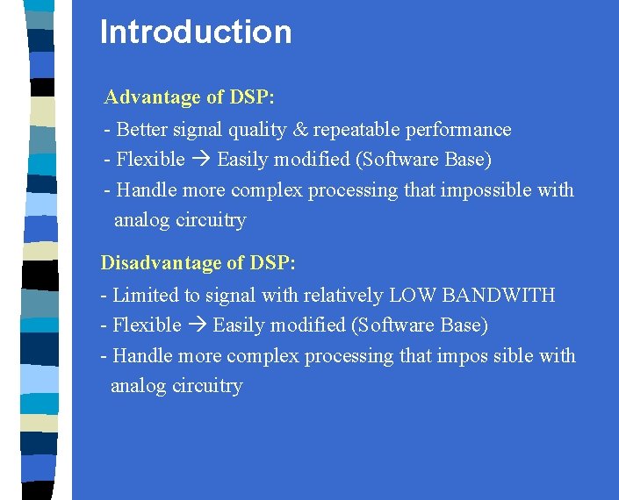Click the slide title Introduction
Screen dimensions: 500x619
pyautogui.click(x=196, y=32)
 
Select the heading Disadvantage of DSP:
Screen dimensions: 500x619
pyautogui.click(x=198, y=262)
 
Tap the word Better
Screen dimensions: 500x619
pyautogui.click(x=141, y=130)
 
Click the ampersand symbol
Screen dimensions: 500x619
pyautogui.click(x=300, y=130)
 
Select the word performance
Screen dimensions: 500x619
pyautogui.click(x=457, y=130)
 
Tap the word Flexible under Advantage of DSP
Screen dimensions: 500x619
pyautogui.click(x=150, y=160)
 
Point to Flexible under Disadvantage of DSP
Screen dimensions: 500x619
pyautogui.click(x=147, y=325)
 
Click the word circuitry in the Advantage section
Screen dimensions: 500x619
pyautogui.click(x=211, y=220)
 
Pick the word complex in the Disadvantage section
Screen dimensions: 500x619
pyautogui.click(x=263, y=356)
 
